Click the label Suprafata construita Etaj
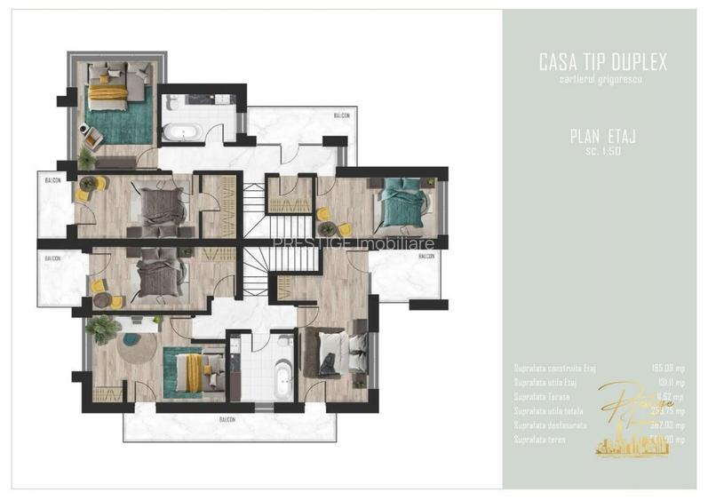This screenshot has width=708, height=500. click(x=552, y=367)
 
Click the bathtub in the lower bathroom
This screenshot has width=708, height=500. click(x=283, y=380)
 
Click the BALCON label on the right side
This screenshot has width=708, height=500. click(x=426, y=256)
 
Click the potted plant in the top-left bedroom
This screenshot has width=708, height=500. click(x=85, y=158)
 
